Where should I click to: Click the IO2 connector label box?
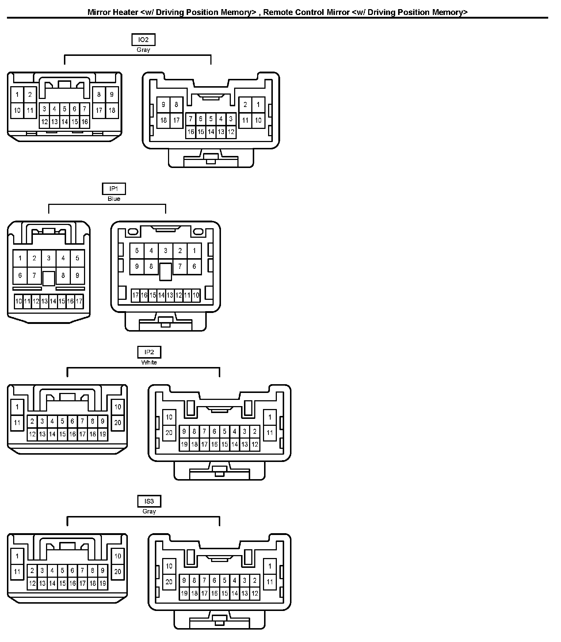pos(143,40)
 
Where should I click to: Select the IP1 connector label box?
pos(114,189)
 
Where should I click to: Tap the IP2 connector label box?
pos(149,352)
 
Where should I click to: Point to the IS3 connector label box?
pos(149,501)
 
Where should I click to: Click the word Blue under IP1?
pos(114,199)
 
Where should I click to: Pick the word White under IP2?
pos(149,362)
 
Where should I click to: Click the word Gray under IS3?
pos(149,511)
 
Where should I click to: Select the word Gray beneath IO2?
pos(143,50)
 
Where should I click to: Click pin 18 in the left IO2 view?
pos(112,110)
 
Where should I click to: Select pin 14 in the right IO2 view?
pos(211,132)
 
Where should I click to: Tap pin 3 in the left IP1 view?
pos(49,258)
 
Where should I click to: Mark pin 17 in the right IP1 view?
pos(136,295)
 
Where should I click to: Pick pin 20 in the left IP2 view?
pos(118,423)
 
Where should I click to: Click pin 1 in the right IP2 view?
pos(270,417)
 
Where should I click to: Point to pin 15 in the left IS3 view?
pos(62,584)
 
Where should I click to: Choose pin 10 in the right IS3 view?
pos(169,566)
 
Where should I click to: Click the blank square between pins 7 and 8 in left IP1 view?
pos(49,278)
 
